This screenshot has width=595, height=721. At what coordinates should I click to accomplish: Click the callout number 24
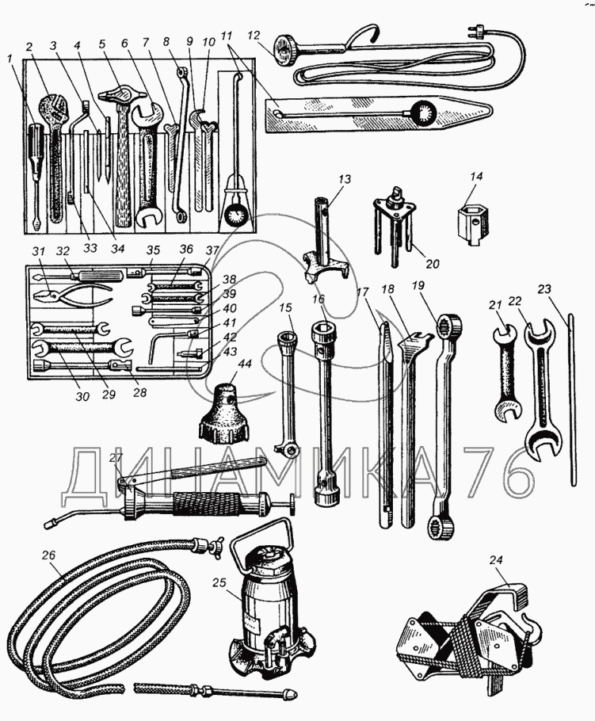click(x=496, y=560)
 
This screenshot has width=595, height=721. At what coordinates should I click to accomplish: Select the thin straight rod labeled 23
click(x=570, y=404)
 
